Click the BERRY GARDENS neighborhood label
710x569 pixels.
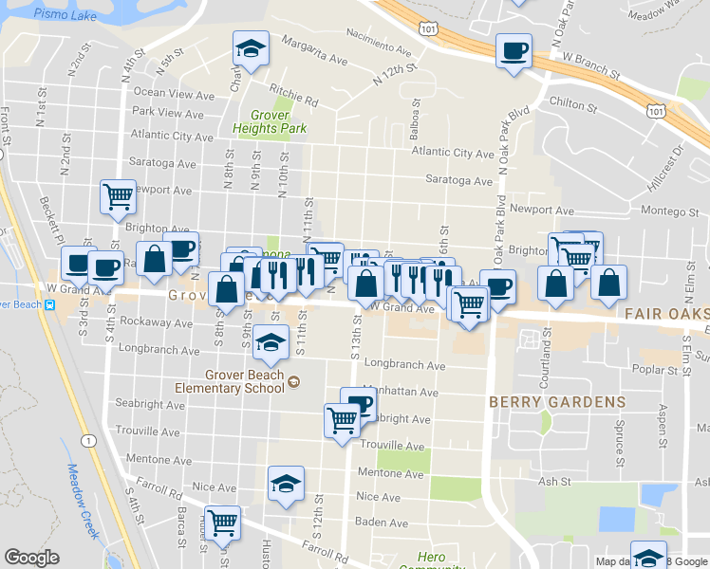[557, 402]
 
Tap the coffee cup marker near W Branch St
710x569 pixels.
[514, 51]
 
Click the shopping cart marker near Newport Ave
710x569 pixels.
[118, 197]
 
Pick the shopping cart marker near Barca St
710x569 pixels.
[222, 522]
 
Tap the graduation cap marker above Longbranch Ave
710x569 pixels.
[271, 343]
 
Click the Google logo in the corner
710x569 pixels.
[31, 558]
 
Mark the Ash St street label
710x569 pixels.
[551, 481]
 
